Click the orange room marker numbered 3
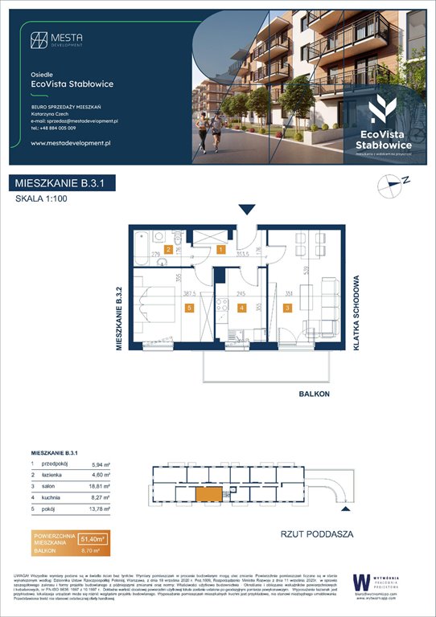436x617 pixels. (287, 306)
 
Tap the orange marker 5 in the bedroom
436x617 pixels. (188, 307)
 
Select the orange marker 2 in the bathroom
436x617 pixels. (168, 250)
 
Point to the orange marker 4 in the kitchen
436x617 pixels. (243, 306)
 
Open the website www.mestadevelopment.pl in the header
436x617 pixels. (70, 142)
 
